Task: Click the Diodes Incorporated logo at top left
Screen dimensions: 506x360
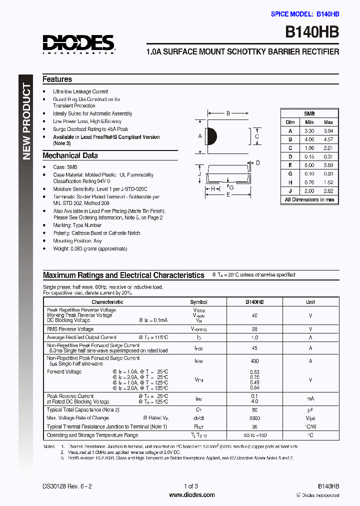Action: [x=78, y=44]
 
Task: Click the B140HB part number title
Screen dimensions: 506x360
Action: [x=312, y=31]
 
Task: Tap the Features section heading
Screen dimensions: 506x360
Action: [x=57, y=79]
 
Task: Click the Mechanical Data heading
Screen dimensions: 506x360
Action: [x=70, y=155]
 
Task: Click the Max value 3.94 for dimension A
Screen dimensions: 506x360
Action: [x=328, y=130]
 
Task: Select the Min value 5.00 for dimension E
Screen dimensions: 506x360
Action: [x=309, y=165]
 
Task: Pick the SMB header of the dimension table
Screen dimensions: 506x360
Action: [x=309, y=113]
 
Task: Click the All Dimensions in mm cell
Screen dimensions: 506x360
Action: [x=309, y=199]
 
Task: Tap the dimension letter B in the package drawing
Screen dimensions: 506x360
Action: [x=228, y=114]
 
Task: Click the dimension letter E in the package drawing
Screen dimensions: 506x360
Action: [x=228, y=195]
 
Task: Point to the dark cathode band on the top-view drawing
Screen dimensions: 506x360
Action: [x=211, y=135]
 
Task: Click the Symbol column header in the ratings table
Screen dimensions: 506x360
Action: [x=199, y=302]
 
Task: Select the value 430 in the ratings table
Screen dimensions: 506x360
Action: [x=254, y=361]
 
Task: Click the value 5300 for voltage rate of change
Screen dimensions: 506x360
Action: [x=254, y=418]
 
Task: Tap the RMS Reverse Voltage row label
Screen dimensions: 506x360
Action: [x=70, y=329]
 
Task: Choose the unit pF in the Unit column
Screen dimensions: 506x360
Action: [x=310, y=410]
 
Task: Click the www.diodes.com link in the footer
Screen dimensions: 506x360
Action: [x=192, y=495]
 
